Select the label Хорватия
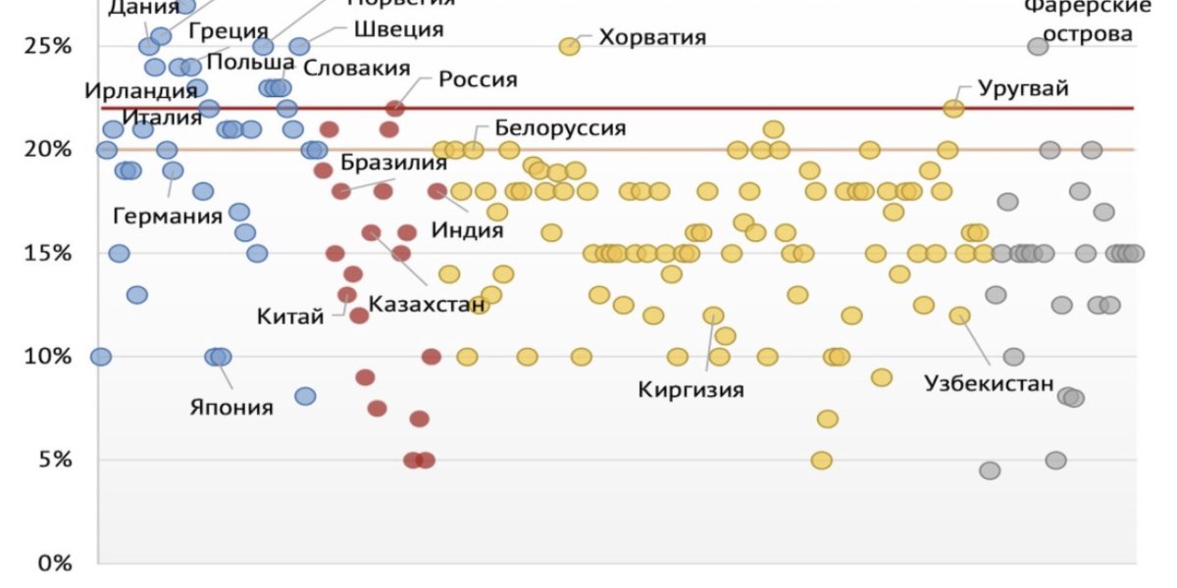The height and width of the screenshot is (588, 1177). coord(652,38)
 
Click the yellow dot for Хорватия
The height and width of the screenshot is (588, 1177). coord(569,46)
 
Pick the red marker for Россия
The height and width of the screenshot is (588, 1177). coord(395,108)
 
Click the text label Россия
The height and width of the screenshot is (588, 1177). coord(477,79)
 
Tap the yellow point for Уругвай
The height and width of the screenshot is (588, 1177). coord(953,108)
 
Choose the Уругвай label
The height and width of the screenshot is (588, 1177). coord(1023,87)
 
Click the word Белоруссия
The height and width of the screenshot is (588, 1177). coord(559,127)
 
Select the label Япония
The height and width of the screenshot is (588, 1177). coord(231,406)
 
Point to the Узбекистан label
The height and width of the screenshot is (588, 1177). coord(989,383)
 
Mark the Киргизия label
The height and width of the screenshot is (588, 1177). coord(691,389)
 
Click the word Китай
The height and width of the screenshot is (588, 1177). coord(289,316)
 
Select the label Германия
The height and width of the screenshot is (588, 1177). coord(168,215)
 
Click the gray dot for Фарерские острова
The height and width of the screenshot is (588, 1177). coord(1038,46)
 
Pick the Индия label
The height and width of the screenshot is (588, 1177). coord(467,231)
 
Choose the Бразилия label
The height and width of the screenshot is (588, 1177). coord(394,164)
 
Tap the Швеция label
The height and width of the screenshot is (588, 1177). coord(398,28)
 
